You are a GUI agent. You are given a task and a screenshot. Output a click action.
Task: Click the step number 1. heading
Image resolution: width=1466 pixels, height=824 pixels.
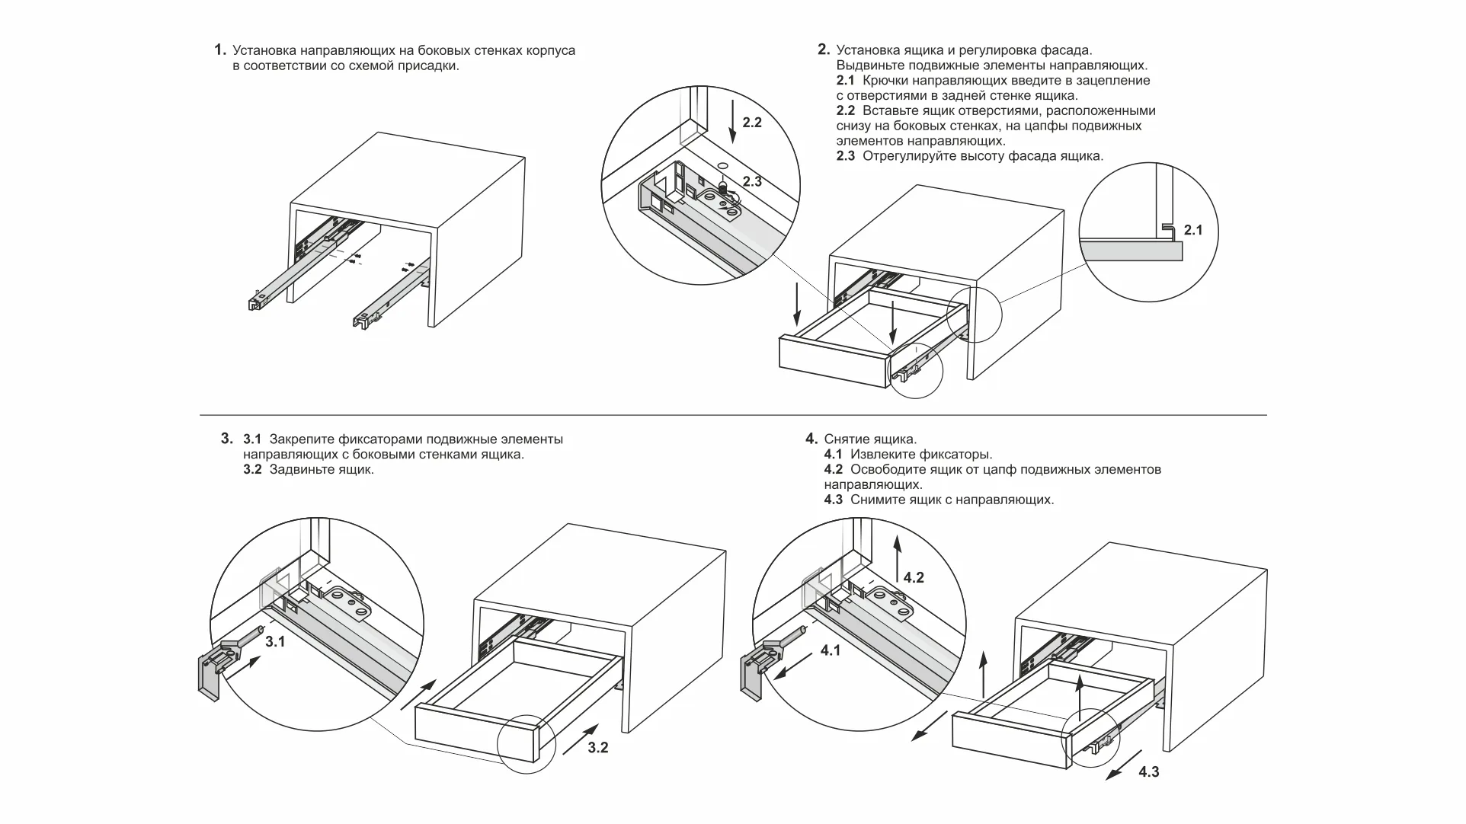coord(220,50)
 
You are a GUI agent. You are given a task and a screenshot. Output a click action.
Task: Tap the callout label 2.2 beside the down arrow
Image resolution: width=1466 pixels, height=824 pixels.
coord(751,123)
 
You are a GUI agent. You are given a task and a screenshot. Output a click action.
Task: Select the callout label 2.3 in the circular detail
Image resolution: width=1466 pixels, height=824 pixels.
coord(751,182)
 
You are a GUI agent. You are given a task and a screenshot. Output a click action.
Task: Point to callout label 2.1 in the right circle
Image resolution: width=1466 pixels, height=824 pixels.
coord(1193,230)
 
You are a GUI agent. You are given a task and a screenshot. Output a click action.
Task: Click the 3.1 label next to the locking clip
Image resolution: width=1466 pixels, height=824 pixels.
coord(274,642)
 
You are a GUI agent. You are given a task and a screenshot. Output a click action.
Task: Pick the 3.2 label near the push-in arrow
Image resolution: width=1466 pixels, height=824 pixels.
coord(598,748)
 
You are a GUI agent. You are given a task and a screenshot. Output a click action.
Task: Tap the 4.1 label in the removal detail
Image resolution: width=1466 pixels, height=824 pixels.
coord(831,651)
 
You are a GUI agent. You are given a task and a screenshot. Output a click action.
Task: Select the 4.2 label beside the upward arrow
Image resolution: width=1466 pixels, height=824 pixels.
coord(913,578)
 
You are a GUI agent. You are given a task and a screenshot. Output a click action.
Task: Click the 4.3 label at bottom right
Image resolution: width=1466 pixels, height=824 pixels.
coord(1148,772)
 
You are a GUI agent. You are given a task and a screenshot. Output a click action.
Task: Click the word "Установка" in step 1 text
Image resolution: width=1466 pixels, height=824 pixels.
coord(264,51)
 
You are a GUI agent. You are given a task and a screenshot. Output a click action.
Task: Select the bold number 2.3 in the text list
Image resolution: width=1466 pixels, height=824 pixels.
coord(845,156)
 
